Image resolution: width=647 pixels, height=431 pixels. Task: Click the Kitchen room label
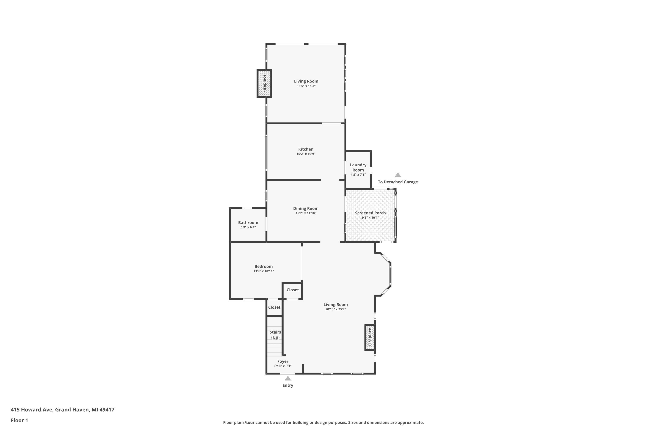pos(306,149)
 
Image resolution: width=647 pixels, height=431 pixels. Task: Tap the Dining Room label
pos(306,208)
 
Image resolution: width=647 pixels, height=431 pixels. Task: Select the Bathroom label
pos(248,223)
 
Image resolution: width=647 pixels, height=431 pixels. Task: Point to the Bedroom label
pos(264,266)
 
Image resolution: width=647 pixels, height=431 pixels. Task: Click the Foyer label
pos(283,361)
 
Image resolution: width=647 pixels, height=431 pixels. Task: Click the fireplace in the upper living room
pos(264,83)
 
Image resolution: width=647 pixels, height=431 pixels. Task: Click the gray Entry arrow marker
pos(288,378)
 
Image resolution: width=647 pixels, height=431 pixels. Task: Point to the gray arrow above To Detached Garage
pos(398,175)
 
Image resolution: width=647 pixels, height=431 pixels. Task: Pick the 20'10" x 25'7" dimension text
pos(336,309)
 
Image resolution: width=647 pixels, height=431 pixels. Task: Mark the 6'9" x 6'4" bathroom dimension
pos(248,227)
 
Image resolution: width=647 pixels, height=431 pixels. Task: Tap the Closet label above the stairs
pos(274,307)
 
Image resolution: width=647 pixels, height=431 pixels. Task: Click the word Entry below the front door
pos(288,385)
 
